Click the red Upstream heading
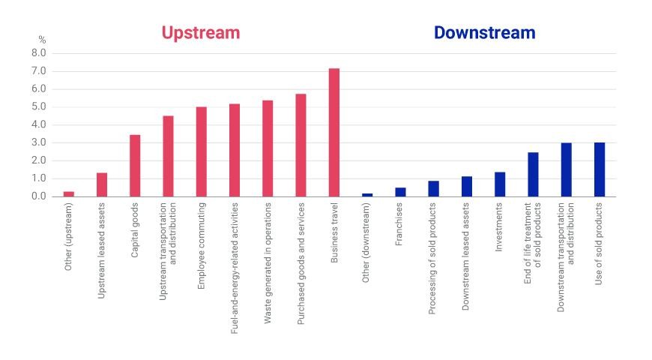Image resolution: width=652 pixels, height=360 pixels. [x=201, y=33]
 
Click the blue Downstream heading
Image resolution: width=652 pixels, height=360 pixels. [x=484, y=33]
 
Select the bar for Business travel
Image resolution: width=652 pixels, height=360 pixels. [x=334, y=132]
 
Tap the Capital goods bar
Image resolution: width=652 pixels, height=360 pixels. [x=135, y=166]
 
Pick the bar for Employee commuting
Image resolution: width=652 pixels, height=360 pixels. [x=202, y=152]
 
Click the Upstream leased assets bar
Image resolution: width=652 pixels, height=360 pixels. [x=102, y=184]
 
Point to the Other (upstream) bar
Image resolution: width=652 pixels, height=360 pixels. [x=69, y=194]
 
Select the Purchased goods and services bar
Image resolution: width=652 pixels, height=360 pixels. [x=301, y=145]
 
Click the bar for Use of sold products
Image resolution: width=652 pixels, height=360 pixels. [x=600, y=169]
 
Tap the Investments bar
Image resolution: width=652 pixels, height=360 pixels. [x=500, y=184]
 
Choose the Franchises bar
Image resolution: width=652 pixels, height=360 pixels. [x=400, y=192]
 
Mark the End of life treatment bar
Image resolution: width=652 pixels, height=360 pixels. [x=533, y=175]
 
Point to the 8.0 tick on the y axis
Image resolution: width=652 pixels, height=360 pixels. [x=39, y=53]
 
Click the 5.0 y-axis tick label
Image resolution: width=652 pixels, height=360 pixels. [x=39, y=107]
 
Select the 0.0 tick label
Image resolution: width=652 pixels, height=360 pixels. [x=39, y=196]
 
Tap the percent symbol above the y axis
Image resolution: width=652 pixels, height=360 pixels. [x=42, y=40]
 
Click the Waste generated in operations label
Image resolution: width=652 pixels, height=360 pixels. [x=268, y=263]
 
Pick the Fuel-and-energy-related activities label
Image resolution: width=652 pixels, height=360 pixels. [x=235, y=268]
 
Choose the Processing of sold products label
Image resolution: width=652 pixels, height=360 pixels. [x=432, y=259]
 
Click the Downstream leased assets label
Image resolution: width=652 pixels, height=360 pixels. [x=465, y=256]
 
